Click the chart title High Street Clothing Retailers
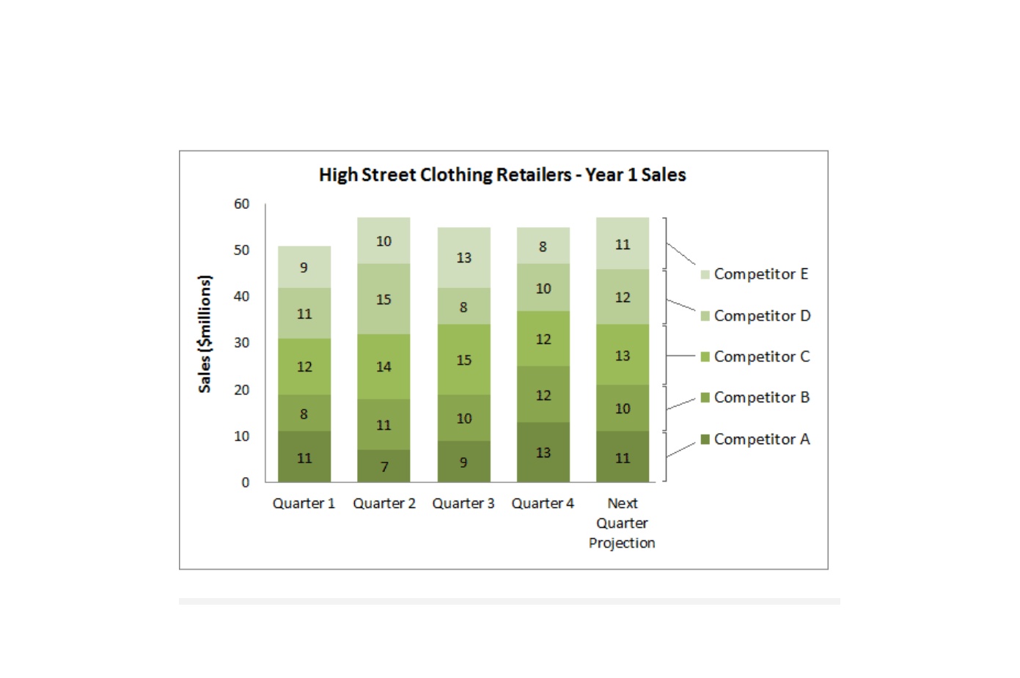pyautogui.click(x=445, y=175)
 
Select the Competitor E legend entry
pyautogui.click(x=755, y=274)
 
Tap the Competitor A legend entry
pyautogui.click(x=755, y=439)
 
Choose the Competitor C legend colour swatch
pyautogui.click(x=705, y=357)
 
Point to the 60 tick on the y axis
pyautogui.click(x=242, y=204)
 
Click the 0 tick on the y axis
pyautogui.click(x=246, y=482)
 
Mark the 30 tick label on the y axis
pyautogui.click(x=242, y=342)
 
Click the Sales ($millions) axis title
pyautogui.click(x=205, y=334)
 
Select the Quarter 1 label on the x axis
pyautogui.click(x=304, y=504)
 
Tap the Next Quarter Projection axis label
pyautogui.click(x=622, y=523)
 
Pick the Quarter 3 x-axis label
pyautogui.click(x=463, y=504)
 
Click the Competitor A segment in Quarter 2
pyautogui.click(x=384, y=466)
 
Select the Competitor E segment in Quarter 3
pyautogui.click(x=464, y=257)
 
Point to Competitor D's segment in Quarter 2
pyautogui.click(x=384, y=299)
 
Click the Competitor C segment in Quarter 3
pyautogui.click(x=464, y=359)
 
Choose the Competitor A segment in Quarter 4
pyautogui.click(x=543, y=452)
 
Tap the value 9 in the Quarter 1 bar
pyautogui.click(x=304, y=268)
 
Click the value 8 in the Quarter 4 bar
pyautogui.click(x=543, y=246)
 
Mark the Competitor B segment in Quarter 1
pyautogui.click(x=304, y=413)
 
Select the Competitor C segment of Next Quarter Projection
pyautogui.click(x=623, y=355)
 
